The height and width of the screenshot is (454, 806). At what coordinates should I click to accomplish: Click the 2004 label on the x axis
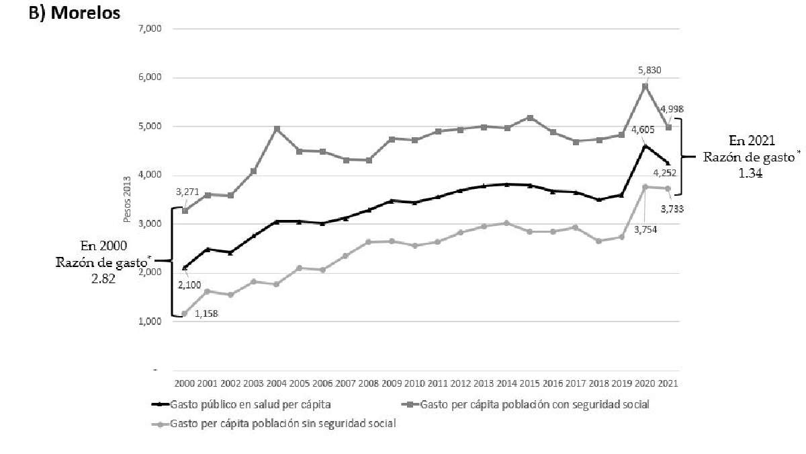coord(276,383)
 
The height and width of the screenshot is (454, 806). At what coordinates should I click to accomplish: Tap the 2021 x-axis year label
coord(668,383)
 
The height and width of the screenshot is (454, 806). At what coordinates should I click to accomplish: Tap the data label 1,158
coord(206,313)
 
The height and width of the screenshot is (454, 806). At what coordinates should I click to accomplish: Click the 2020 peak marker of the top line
coord(645,86)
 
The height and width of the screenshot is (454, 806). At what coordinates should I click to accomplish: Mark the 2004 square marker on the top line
coord(276,128)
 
